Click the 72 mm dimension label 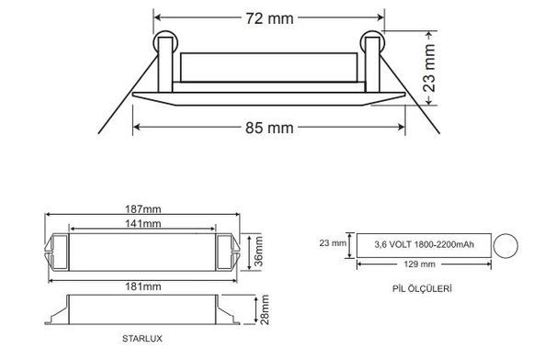coord(270,18)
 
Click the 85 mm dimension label coord(270,128)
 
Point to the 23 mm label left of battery coord(332,244)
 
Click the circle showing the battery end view coord(506,245)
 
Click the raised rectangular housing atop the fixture coord(269,67)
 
